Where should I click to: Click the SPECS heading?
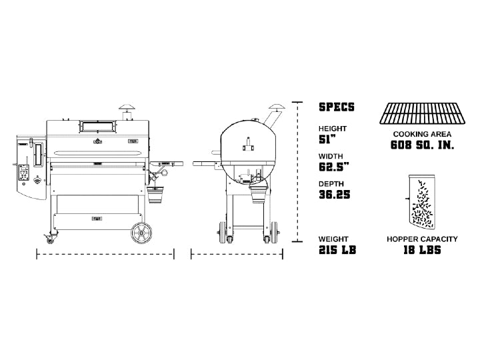337,107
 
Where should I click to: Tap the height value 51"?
327,139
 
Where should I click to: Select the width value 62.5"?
334,167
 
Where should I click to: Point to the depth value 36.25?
334,195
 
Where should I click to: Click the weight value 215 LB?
337,250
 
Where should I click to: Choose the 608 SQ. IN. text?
422,145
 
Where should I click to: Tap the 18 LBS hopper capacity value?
422,250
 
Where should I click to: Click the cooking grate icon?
422,113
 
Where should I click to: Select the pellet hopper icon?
421,202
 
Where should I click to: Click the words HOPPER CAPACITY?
422,239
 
